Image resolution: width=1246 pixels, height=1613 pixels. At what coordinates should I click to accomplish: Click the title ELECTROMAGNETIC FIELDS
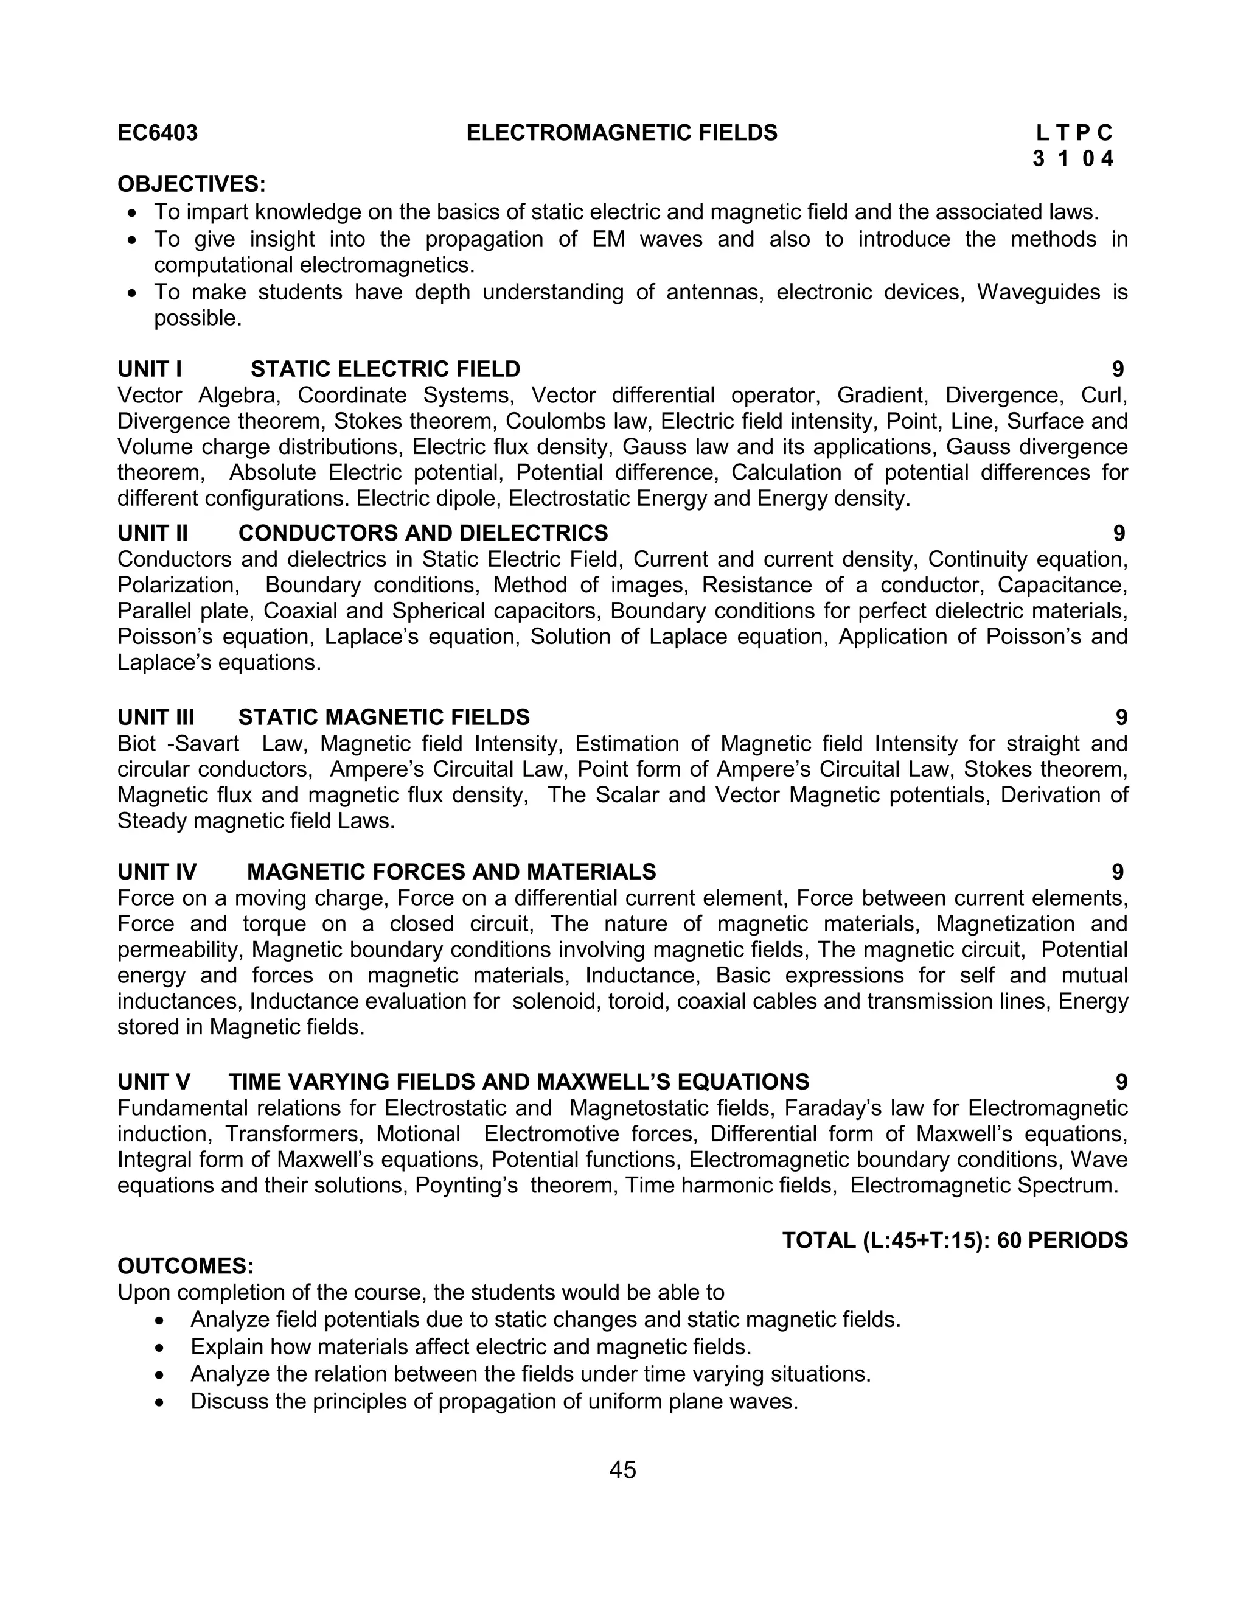(622, 133)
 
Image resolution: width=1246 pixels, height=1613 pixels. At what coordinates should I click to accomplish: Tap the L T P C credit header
(1073, 133)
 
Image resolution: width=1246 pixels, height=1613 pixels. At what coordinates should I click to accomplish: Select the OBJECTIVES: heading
(191, 184)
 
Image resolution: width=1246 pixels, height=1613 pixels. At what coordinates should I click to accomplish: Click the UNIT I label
(149, 369)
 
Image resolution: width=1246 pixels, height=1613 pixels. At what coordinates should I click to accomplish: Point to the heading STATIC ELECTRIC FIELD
(385, 369)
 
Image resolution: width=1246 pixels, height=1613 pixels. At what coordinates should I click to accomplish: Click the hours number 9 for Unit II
(1118, 533)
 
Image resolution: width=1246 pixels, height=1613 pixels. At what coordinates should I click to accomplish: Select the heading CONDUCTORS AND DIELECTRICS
(423, 533)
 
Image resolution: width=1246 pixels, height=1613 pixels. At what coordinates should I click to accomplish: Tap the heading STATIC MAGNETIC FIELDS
(384, 717)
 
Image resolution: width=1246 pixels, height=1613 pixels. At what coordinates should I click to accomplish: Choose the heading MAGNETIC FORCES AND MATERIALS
(451, 872)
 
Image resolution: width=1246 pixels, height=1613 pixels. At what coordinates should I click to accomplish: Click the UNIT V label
(153, 1082)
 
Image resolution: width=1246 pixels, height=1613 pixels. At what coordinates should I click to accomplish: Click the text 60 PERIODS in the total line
(1062, 1240)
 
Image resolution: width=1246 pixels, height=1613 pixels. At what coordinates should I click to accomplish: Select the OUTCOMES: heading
(186, 1266)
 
